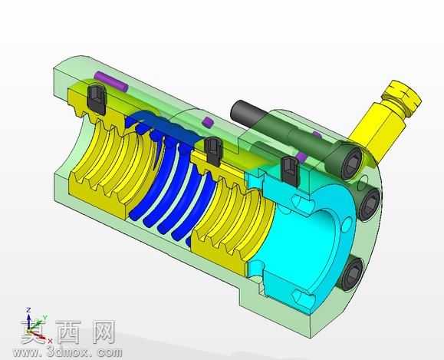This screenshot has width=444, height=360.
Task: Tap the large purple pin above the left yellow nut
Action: tap(111, 81)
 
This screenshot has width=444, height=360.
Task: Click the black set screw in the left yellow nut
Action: tap(97, 99)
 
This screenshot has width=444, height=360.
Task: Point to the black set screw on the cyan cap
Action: tap(290, 171)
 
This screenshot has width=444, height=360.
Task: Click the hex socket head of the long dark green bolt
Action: tap(352, 163)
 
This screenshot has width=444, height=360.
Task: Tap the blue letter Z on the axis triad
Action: tap(28, 310)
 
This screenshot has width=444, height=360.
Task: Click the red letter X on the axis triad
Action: tap(50, 341)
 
